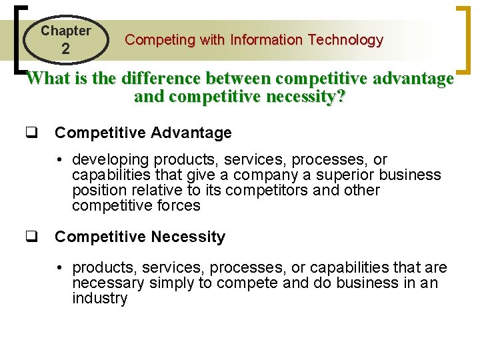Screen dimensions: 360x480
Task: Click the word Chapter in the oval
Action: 65,31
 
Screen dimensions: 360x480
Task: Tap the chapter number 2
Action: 65,49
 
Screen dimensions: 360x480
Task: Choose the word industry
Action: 99,299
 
